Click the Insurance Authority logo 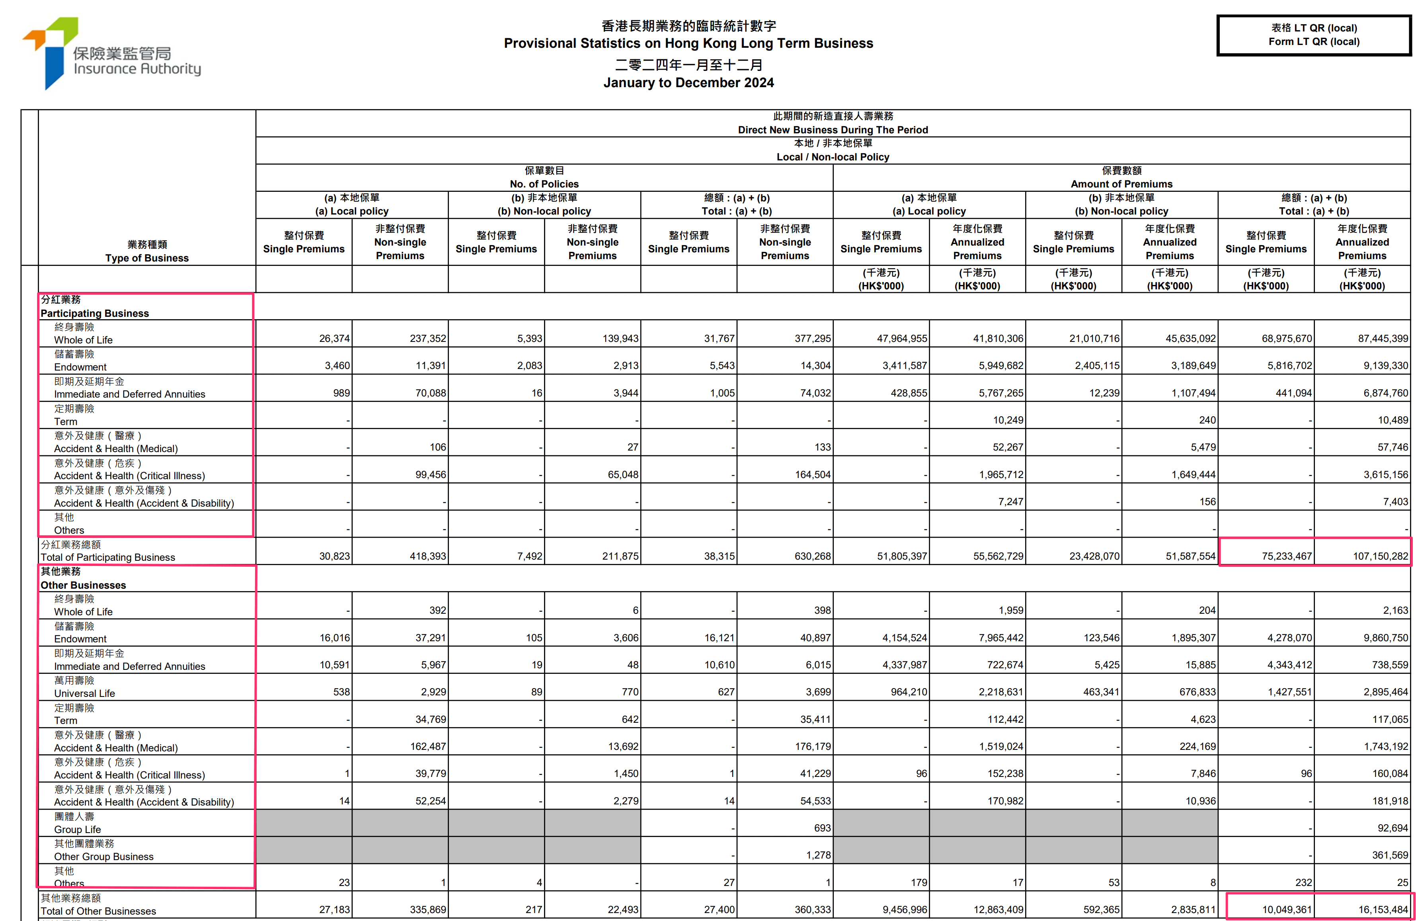112,54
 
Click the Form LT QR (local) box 1314,35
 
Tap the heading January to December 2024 688,83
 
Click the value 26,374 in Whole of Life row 334,339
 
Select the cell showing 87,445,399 1383,339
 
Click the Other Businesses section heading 83,585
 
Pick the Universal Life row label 84,693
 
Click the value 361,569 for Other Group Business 1390,855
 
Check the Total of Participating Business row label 108,557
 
